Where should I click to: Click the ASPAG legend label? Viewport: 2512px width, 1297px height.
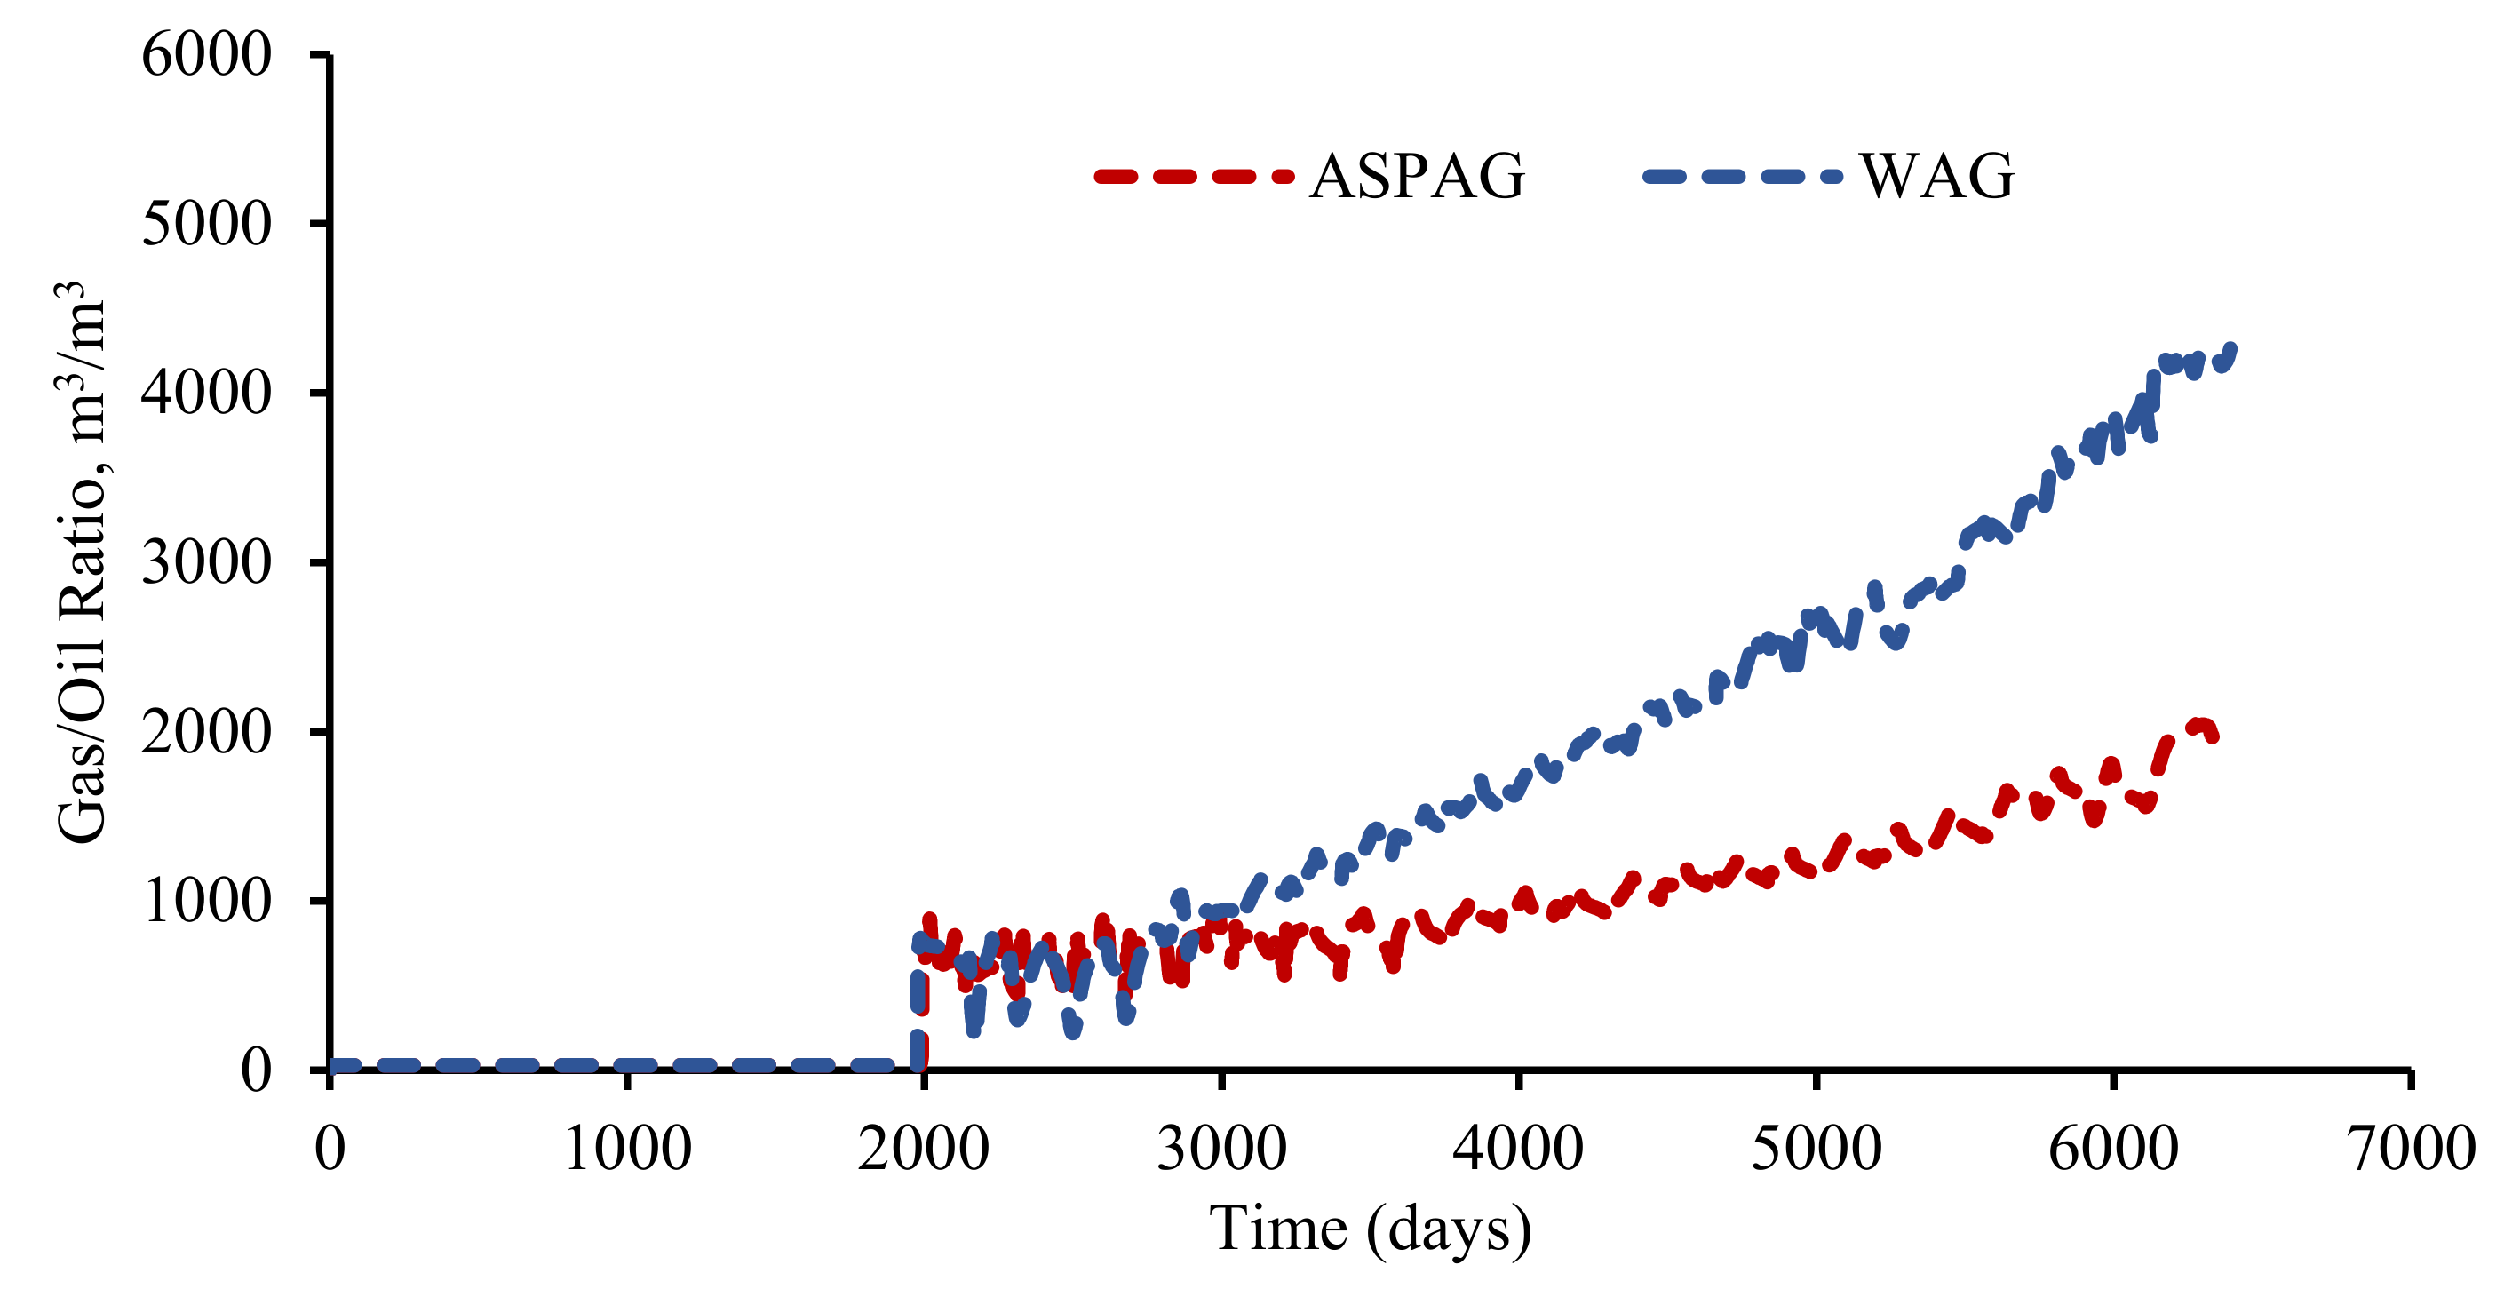[x=1416, y=177]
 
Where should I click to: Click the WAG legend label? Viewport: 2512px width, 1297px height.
[x=1936, y=177]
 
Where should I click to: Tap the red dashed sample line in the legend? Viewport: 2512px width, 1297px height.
[x=1194, y=177]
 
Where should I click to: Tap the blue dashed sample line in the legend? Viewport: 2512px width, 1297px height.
[x=1742, y=177]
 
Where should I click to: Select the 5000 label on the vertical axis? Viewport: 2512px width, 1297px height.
[x=206, y=224]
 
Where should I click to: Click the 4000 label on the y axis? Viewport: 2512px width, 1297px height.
[x=206, y=393]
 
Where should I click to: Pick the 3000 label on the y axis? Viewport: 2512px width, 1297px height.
[x=206, y=562]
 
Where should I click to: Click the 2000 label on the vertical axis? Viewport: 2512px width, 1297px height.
[x=206, y=731]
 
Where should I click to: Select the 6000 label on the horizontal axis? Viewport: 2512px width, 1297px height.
[x=2112, y=1148]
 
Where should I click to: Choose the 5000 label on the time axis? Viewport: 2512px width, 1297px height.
[x=1816, y=1148]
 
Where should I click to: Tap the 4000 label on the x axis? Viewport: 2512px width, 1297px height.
[x=1517, y=1148]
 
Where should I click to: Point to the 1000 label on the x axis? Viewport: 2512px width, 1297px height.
[x=628, y=1148]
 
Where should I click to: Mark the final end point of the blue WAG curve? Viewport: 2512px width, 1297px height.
[x=2232, y=348]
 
